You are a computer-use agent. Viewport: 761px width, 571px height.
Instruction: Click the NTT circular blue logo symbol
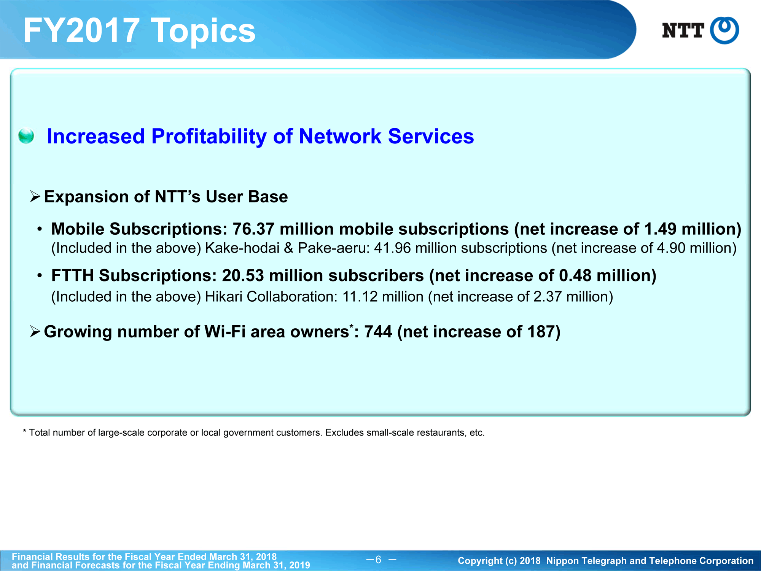(x=724, y=30)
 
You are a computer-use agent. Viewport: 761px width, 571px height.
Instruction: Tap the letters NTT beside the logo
(x=683, y=30)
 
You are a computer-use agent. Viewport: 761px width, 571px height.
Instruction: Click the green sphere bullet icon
(x=26, y=136)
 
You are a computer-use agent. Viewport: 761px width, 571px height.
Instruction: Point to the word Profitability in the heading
(x=209, y=137)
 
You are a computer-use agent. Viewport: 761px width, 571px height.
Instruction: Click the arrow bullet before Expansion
(x=35, y=197)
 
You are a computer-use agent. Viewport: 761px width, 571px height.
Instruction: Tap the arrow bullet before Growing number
(x=35, y=332)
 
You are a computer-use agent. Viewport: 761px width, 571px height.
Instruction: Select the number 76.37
(x=253, y=229)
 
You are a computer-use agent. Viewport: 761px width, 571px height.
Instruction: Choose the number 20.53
(x=243, y=276)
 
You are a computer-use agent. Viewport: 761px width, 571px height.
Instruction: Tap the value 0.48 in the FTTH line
(x=575, y=276)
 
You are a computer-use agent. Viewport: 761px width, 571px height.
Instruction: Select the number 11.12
(x=360, y=297)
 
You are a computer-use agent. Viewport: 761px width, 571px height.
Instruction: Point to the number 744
(x=378, y=332)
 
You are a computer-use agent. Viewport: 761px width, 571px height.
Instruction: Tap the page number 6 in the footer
(x=378, y=560)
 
